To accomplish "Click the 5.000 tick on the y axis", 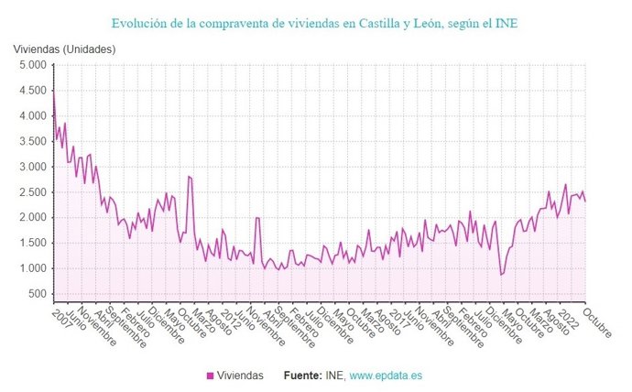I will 31,66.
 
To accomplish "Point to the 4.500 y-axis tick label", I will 31,91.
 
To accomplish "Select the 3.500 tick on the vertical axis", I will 31,142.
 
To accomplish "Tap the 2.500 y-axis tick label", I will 31,192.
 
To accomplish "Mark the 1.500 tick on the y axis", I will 31,244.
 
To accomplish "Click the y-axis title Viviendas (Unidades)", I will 64,46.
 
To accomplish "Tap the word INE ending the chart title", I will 505,21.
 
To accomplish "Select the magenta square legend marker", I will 210,376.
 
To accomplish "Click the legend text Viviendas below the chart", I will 241,376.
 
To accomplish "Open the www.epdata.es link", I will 387,376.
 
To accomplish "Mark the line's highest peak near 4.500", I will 53,91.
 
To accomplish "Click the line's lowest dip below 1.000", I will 501,275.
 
